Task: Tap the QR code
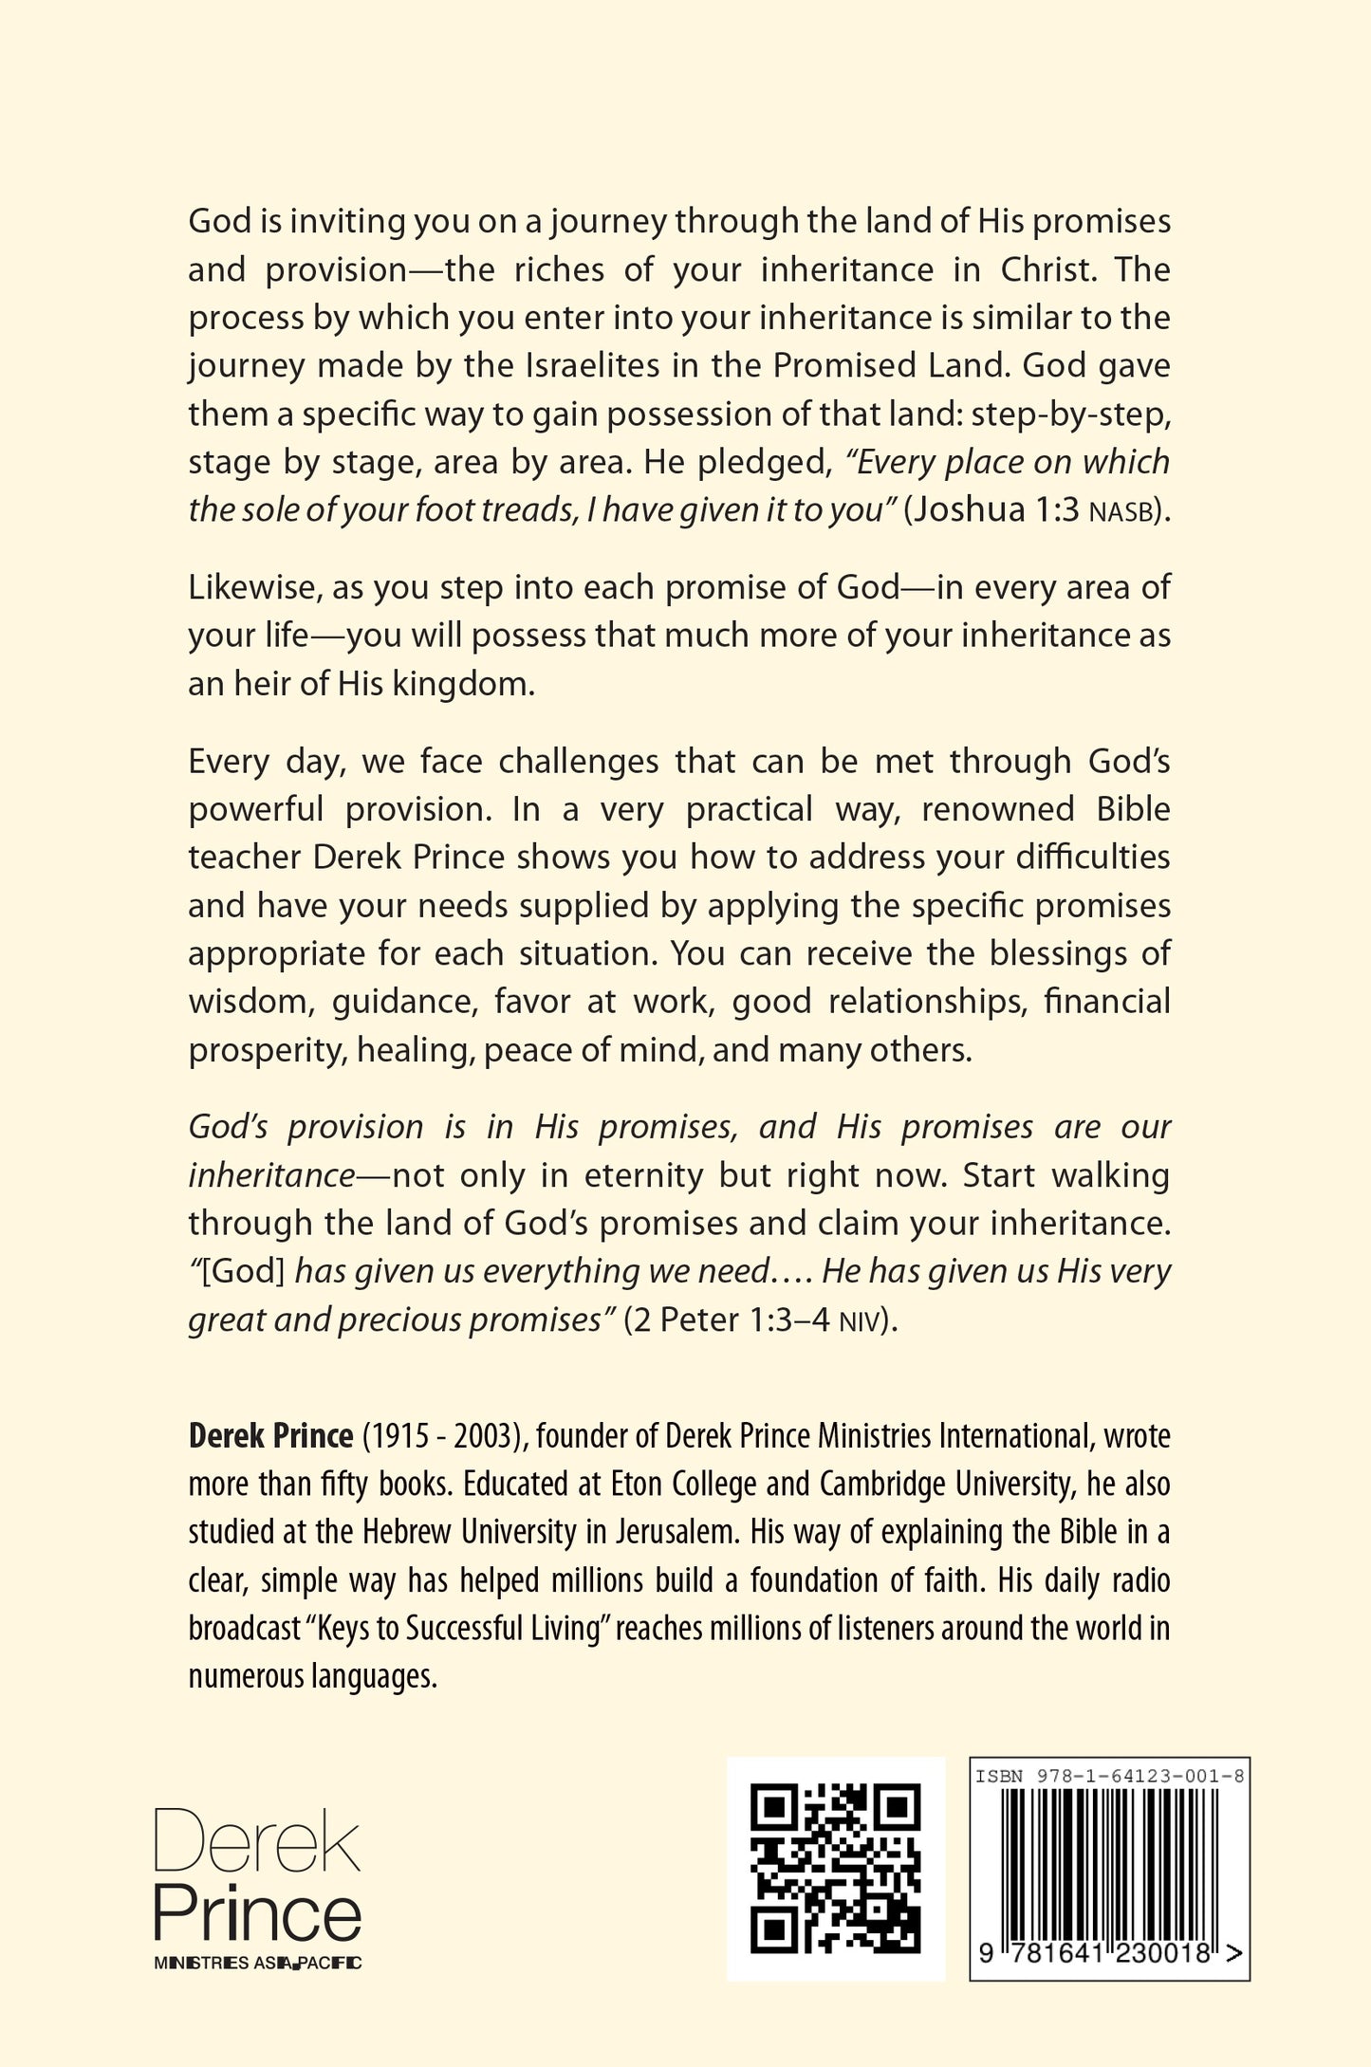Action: (x=835, y=1869)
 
